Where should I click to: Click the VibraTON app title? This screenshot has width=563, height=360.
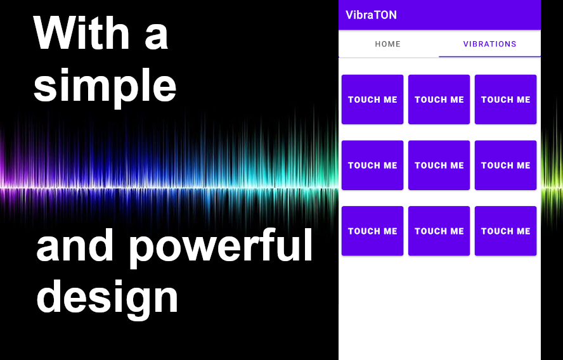371,15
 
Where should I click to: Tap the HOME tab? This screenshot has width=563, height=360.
388,44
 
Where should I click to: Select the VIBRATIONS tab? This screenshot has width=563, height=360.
489,44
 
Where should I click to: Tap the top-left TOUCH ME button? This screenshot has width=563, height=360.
372,100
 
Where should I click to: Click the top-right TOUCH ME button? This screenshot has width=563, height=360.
505,100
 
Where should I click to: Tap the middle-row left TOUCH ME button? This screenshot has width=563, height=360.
372,165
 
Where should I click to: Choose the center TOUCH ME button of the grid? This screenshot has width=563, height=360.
439,165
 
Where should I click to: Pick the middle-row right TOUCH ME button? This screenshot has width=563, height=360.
505,165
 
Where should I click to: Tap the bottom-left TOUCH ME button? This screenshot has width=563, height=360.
372,231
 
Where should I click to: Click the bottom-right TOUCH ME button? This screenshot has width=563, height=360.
505,231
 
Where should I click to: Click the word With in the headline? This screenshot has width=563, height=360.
82,33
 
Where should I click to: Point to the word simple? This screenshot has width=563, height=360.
105,86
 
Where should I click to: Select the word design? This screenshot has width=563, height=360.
107,299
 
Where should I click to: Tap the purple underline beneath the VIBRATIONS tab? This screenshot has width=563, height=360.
489,56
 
